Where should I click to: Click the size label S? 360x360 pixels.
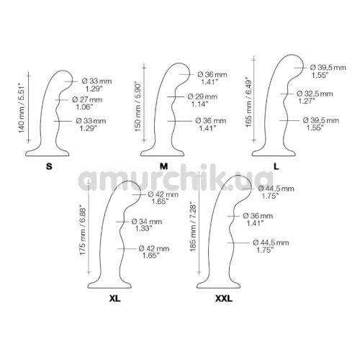tap(49, 166)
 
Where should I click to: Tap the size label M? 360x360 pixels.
tap(163, 166)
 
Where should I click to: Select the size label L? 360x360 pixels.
tap(276, 166)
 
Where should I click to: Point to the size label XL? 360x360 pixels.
tap(115, 298)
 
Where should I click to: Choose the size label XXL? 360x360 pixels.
tap(224, 298)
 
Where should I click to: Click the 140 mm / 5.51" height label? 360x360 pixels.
tap(22, 108)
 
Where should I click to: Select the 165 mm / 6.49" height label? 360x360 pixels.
tap(249, 102)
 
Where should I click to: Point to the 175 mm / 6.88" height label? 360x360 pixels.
tap(83, 230)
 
